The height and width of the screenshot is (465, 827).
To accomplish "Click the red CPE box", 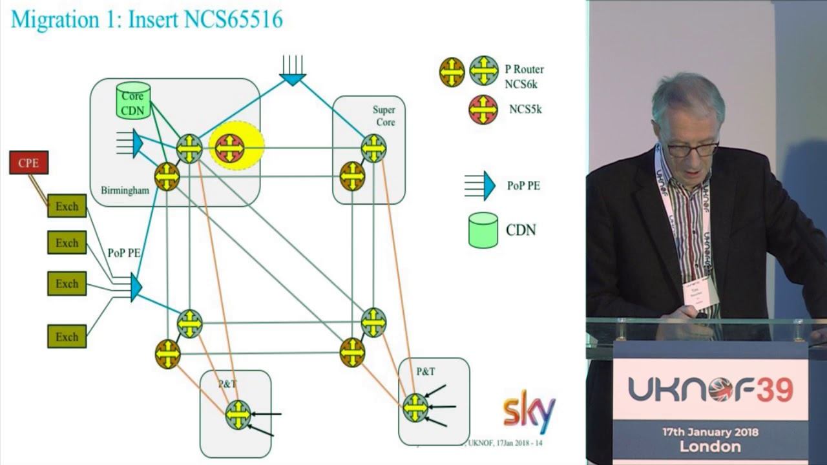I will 28,163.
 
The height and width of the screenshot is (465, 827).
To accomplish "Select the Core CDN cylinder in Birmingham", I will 133,101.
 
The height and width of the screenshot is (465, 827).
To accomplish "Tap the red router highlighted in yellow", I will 230,149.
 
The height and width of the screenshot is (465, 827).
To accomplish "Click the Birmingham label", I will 125,191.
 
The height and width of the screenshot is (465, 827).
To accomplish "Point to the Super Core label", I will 383,116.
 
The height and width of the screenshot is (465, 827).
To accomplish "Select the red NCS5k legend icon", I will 483,110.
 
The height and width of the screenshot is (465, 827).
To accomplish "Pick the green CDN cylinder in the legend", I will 483,230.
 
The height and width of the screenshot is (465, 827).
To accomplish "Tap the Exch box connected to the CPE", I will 67,207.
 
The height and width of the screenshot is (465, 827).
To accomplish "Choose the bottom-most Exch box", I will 67,336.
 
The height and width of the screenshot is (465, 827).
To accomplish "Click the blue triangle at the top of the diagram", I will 292,77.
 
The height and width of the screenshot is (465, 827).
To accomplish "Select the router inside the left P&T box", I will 238,415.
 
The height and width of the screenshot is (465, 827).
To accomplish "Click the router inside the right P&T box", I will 415,408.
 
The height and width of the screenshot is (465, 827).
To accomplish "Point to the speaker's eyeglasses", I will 692,149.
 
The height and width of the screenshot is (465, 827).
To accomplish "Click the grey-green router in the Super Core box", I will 373,149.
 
